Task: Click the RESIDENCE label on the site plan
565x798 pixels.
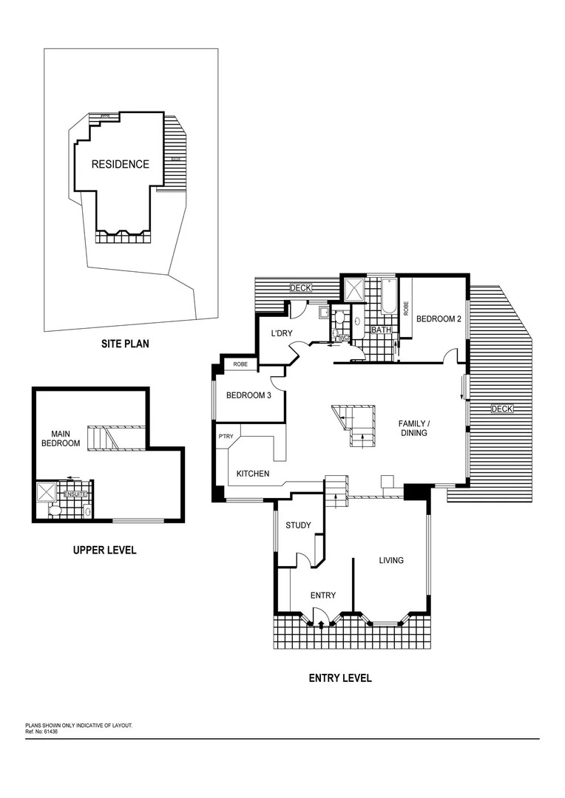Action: pos(120,165)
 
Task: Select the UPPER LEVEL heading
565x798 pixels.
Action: pos(104,550)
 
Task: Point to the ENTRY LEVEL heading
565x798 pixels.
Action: pos(340,678)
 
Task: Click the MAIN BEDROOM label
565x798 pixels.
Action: pos(65,438)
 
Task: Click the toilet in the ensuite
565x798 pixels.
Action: pos(54,511)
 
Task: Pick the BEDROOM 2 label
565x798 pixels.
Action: pos(439,319)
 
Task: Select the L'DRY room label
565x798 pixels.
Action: pos(282,334)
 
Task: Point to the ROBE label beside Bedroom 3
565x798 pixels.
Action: pos(240,364)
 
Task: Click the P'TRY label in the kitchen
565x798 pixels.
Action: pos(226,437)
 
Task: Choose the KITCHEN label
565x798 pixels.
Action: pos(253,474)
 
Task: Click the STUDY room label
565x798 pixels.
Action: pos(298,525)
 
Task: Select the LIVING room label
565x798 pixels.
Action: pos(391,560)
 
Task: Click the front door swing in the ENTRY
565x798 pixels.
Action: pos(318,613)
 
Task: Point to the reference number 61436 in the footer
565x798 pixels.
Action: pos(49,731)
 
